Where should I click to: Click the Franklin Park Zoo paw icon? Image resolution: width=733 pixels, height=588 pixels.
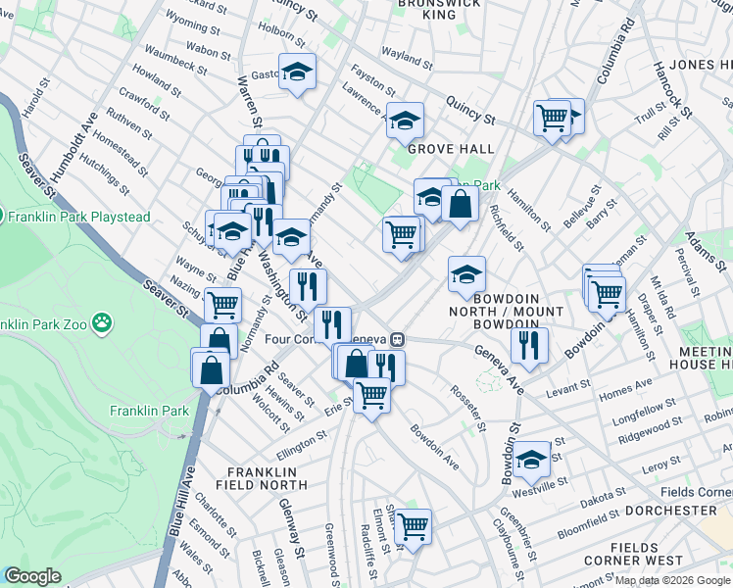point(102,321)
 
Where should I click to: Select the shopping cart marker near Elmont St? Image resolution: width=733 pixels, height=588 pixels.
point(413,526)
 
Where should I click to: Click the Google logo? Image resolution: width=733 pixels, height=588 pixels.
point(32,576)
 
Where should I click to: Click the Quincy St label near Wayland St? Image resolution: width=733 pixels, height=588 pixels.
point(469,110)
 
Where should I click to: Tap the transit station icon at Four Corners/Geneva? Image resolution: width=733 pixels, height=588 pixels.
point(397,339)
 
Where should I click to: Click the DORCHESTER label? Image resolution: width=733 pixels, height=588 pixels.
point(672,511)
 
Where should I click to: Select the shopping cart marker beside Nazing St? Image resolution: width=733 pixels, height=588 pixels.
point(222,304)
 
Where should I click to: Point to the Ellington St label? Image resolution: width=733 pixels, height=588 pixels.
point(302,443)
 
